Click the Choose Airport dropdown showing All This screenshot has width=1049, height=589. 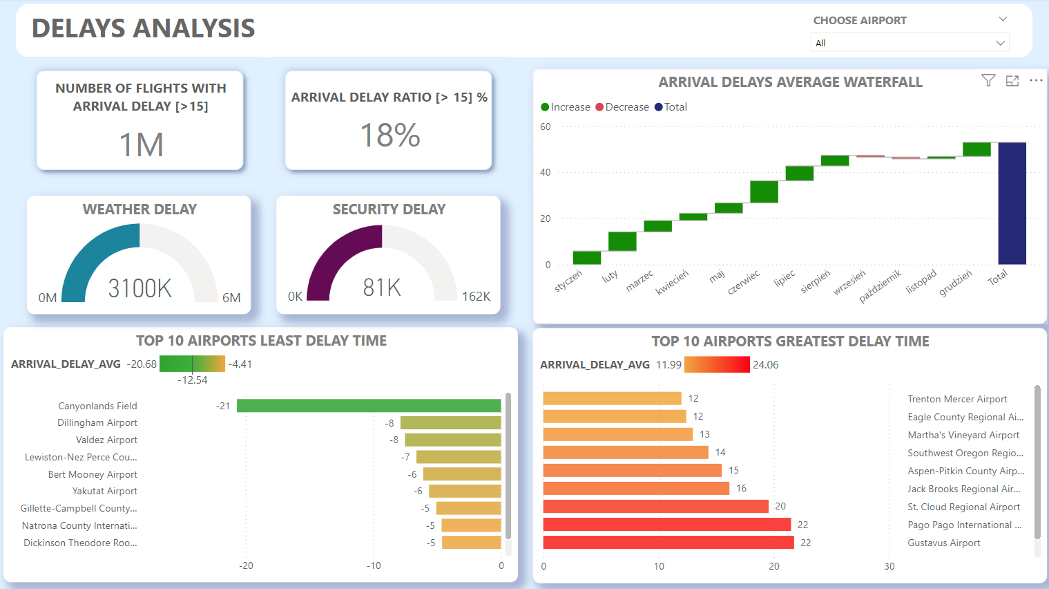click(909, 43)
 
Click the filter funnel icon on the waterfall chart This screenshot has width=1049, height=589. click(988, 81)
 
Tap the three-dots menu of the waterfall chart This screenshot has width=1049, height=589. click(1036, 81)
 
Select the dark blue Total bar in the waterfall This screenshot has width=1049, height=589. click(1012, 203)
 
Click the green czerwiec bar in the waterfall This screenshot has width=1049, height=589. click(764, 191)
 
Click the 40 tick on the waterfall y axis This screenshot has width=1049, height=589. click(546, 172)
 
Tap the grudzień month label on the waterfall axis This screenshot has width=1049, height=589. click(956, 283)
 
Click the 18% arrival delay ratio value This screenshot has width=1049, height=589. click(390, 135)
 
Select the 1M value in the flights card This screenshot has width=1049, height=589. click(141, 145)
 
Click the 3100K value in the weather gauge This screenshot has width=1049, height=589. click(139, 288)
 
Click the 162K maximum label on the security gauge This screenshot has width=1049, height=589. click(476, 297)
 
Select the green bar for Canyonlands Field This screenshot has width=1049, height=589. click(368, 406)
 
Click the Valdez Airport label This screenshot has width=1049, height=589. click(106, 440)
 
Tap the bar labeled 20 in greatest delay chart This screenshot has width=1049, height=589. click(655, 507)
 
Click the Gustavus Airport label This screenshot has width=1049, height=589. click(943, 543)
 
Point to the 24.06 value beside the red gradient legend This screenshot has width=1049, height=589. click(765, 365)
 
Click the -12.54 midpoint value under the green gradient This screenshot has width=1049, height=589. click(192, 380)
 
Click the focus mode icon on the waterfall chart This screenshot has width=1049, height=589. click(1012, 81)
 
